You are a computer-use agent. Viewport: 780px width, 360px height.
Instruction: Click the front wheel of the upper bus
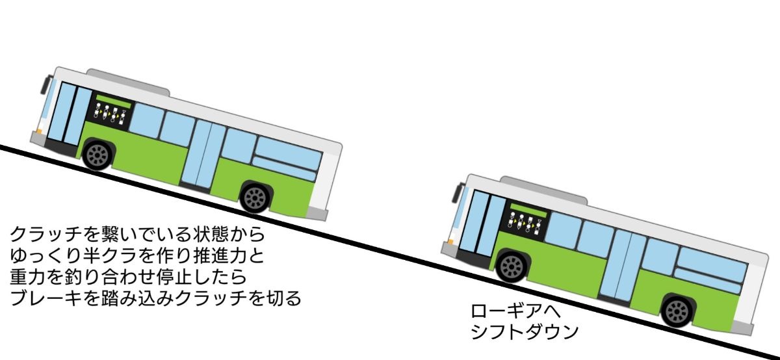click(x=98, y=155)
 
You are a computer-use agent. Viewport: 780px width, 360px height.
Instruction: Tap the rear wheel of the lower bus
click(x=677, y=310)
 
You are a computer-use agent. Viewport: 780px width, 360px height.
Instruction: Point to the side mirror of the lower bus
click(x=460, y=193)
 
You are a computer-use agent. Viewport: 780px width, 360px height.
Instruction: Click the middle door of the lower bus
click(x=621, y=266)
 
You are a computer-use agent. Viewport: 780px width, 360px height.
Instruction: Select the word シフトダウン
click(x=523, y=333)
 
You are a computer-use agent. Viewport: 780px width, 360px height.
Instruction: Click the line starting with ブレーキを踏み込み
click(x=156, y=300)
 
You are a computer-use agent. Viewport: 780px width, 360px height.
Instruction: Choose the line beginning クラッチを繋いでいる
click(x=137, y=233)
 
